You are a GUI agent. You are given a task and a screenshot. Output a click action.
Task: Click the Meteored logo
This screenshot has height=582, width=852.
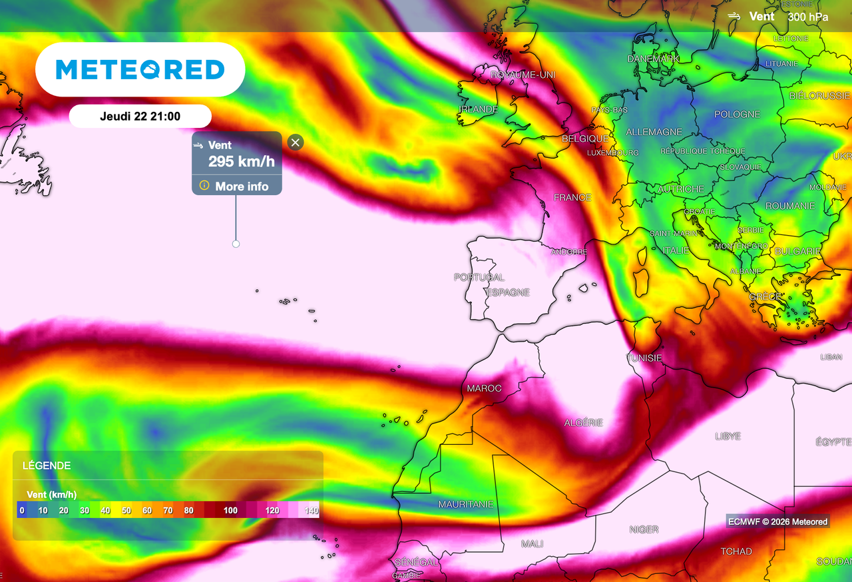coord(140,69)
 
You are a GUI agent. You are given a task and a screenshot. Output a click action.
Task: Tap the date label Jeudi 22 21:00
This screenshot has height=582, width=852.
coord(140,117)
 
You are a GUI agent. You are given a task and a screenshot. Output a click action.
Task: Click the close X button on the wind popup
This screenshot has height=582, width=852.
coord(296,142)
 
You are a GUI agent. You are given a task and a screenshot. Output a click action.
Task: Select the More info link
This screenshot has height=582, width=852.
coord(236,186)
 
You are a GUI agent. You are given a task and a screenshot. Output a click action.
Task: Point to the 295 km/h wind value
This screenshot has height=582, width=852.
coord(241,161)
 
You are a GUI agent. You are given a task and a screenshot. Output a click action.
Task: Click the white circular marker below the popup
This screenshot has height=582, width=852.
coord(236,244)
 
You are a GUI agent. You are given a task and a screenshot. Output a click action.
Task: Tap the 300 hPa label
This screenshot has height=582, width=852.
coord(808,17)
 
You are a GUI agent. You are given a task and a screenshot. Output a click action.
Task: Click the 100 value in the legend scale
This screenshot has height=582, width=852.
coord(230,511)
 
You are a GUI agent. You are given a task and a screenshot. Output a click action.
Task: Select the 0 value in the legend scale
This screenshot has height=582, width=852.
coord(22,511)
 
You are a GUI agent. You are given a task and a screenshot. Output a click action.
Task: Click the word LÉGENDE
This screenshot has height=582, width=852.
coord(47,465)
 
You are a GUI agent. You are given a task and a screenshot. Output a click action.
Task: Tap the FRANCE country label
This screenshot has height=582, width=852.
coord(572,197)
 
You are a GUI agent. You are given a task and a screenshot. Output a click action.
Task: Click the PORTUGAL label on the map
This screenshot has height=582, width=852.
coord(479,277)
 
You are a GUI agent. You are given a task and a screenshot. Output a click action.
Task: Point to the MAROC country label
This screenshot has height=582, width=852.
coord(484,388)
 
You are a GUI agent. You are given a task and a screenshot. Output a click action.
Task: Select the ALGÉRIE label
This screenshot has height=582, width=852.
coord(583,423)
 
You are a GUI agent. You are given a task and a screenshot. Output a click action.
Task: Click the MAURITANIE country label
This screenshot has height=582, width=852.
coord(466,505)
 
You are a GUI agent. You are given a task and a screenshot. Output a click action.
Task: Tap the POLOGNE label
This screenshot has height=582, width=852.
coord(737,115)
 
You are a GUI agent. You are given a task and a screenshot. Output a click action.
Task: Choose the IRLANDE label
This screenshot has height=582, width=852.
coord(478,109)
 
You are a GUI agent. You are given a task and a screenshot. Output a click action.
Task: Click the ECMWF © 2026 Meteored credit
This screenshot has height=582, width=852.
coord(777,521)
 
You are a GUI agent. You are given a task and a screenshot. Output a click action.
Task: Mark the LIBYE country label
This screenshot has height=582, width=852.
coord(728,436)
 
